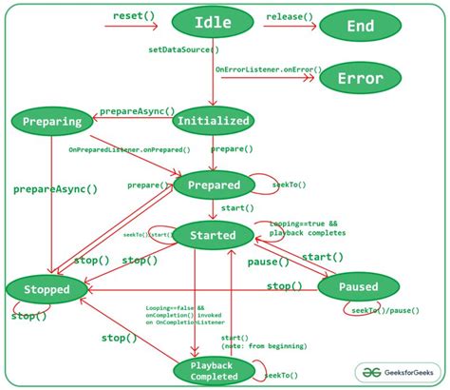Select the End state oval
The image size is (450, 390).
tap(360, 26)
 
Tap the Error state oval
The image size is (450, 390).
tap(360, 79)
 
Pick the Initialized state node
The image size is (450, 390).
tap(214, 121)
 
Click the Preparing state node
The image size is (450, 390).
tap(52, 121)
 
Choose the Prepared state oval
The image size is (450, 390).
tap(214, 185)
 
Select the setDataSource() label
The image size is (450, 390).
tap(182, 49)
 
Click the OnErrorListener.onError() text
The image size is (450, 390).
tap(269, 69)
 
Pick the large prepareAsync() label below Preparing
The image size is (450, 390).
tap(55, 189)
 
